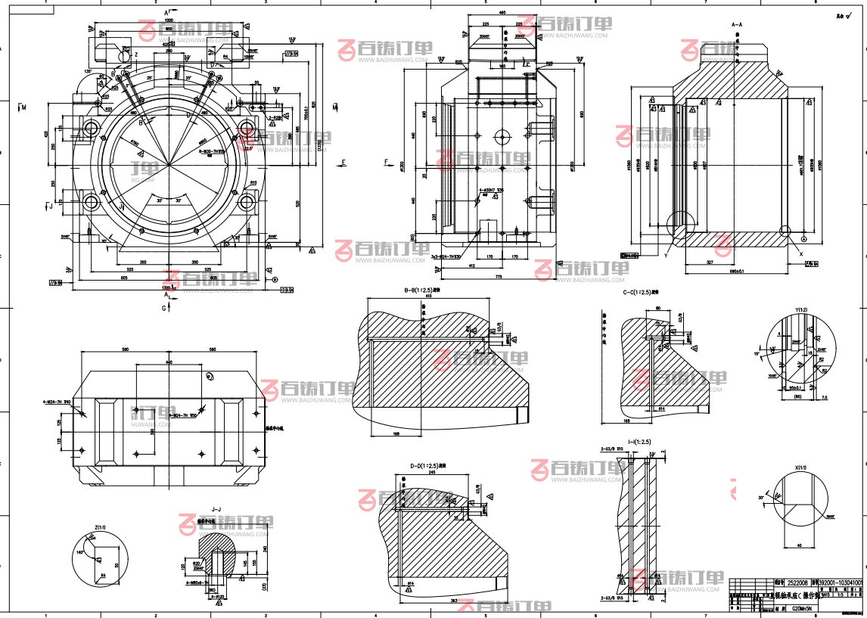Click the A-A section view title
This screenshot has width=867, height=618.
[737, 25]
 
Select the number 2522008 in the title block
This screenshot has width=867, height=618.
[797, 582]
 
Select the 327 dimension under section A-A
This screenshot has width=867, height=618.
[709, 261]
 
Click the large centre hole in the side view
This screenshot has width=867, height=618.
[503, 137]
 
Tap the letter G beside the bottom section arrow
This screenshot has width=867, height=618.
[165, 308]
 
